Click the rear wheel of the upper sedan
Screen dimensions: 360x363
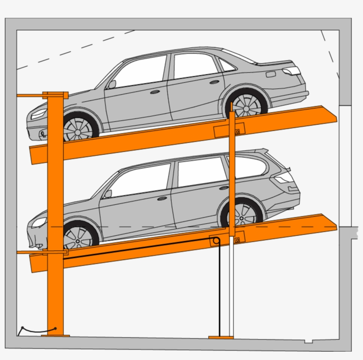[x=247, y=105]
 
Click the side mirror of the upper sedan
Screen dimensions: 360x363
[x=112, y=84]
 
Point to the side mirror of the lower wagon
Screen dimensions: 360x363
[x=108, y=194]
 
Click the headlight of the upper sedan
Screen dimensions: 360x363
[x=39, y=114]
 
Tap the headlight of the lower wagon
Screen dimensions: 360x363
[x=39, y=222]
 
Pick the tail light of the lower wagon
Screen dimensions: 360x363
[x=283, y=178]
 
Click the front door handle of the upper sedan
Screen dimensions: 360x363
[x=154, y=92]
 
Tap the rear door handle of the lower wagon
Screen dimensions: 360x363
[x=224, y=188]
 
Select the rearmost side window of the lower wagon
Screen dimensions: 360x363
[x=250, y=167]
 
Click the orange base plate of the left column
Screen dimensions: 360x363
[x=55, y=336]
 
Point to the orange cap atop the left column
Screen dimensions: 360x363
[x=55, y=95]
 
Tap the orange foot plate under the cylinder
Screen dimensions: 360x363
[x=221, y=337]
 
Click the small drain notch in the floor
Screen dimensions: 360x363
[x=309, y=341]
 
